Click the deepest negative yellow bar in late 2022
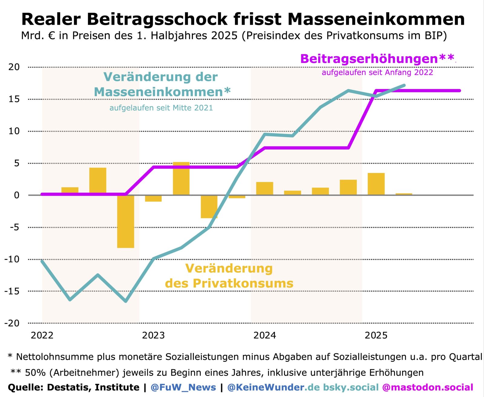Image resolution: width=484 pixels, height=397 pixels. [x=126, y=221]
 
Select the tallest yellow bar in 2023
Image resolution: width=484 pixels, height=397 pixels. [x=181, y=178]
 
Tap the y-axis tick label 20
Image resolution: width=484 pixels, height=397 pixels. [x=14, y=67]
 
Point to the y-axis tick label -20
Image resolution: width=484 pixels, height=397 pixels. [x=12, y=323]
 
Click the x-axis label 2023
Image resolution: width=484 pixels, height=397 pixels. [x=153, y=335]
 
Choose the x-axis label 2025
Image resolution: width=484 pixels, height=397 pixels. [x=376, y=335]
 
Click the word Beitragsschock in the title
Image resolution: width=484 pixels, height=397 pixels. [x=157, y=19]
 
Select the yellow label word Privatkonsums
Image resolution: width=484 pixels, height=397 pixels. [x=243, y=284]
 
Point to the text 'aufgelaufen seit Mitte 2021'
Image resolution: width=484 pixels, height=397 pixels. [x=161, y=108]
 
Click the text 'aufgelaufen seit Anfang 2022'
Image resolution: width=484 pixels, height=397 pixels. [x=377, y=73]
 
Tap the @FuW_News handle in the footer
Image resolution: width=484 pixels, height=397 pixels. [x=183, y=387]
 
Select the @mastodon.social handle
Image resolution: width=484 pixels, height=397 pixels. [x=427, y=387]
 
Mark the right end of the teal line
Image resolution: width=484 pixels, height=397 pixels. [x=404, y=85]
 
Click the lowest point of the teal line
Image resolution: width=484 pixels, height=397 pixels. [x=126, y=301]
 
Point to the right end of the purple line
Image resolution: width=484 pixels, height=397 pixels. [x=459, y=90]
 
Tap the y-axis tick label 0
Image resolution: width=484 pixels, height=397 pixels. [x=17, y=195]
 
